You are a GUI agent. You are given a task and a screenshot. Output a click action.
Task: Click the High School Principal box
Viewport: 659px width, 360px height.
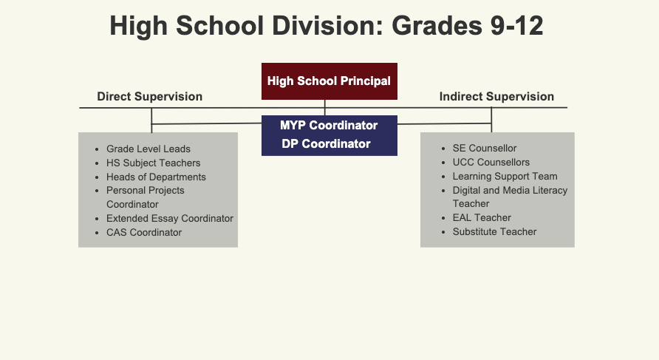329,81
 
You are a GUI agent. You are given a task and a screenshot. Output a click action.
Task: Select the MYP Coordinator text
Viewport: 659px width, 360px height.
329,126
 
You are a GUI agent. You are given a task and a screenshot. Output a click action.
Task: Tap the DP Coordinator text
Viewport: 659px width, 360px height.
326,144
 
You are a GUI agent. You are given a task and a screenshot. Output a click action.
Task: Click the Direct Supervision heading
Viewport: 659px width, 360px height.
150,97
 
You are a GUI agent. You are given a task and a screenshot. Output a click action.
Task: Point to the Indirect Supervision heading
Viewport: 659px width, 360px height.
496,97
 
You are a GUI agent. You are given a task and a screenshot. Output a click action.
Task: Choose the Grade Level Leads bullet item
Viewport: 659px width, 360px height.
148,149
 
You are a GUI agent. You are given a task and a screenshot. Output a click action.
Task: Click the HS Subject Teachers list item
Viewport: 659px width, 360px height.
154,163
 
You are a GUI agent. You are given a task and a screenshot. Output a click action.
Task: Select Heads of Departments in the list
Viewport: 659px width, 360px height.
156,177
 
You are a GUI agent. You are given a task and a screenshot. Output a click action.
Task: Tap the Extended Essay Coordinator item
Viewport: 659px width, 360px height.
170,219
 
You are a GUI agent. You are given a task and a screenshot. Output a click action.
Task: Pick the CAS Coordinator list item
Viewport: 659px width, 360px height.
144,233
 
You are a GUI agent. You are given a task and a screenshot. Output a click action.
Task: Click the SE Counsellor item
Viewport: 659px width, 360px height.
485,148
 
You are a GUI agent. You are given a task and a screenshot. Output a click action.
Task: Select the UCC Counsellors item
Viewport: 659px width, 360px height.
491,163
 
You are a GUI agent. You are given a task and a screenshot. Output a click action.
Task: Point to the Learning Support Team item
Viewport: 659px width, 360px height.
505,176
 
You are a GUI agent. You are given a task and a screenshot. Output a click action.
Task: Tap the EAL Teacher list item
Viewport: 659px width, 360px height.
482,218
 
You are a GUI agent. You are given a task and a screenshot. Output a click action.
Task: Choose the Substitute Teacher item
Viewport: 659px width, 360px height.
494,231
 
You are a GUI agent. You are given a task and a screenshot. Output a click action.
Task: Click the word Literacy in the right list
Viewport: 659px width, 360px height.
550,191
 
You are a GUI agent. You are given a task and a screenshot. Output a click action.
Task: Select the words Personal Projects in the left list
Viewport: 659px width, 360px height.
145,191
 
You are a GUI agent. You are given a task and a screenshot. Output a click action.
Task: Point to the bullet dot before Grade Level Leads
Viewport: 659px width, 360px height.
97,149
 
